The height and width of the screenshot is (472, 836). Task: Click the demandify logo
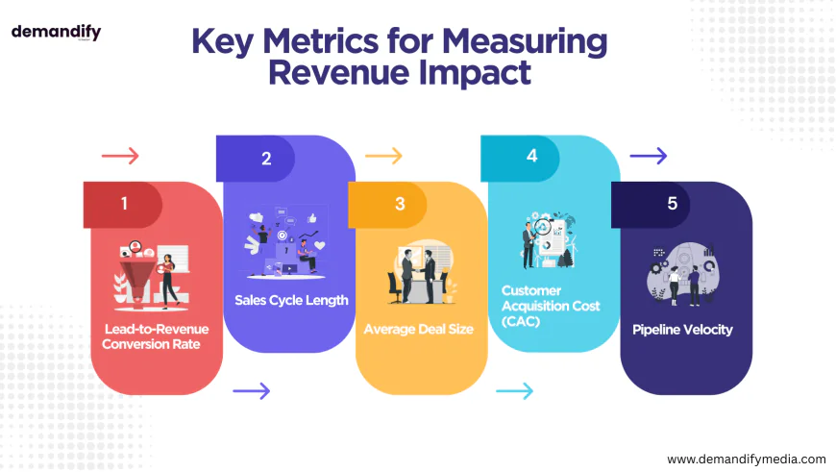click(x=56, y=32)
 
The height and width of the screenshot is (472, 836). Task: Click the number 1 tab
click(x=123, y=204)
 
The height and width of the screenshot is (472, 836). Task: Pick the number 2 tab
click(x=266, y=159)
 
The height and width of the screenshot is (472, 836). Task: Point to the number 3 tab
click(x=400, y=204)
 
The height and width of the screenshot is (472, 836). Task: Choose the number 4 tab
click(x=531, y=157)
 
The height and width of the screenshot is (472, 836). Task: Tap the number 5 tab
click(x=671, y=204)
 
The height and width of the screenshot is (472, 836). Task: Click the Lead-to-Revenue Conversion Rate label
click(x=156, y=336)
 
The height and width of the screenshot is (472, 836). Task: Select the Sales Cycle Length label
click(x=291, y=300)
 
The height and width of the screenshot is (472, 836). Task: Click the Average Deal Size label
click(x=418, y=329)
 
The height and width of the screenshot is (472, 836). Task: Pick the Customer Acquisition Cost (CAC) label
click(x=551, y=305)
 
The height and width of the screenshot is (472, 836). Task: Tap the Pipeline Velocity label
click(x=682, y=329)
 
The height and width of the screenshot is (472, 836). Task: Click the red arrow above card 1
click(x=120, y=156)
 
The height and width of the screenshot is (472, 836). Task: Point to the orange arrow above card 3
click(x=383, y=156)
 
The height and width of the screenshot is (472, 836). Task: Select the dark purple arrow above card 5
click(x=648, y=156)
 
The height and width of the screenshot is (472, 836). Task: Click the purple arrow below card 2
click(x=252, y=390)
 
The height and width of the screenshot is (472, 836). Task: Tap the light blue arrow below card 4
click(x=514, y=390)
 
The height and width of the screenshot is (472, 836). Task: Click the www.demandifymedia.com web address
click(x=746, y=460)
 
